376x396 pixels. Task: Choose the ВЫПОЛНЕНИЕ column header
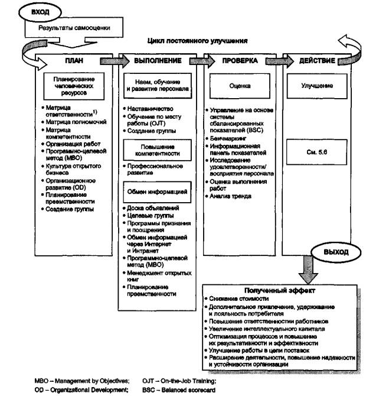tap(160, 61)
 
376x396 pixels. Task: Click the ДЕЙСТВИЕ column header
tap(323, 61)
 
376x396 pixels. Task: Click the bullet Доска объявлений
tap(153, 208)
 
